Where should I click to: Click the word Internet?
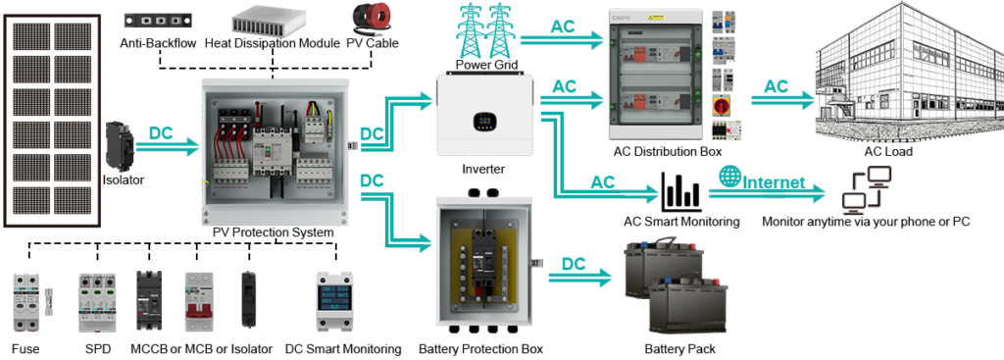tap(776, 182)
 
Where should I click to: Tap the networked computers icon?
tap(869, 190)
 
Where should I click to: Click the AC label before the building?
tap(776, 87)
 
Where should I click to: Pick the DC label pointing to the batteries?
tap(574, 263)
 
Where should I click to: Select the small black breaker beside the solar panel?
tap(121, 145)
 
